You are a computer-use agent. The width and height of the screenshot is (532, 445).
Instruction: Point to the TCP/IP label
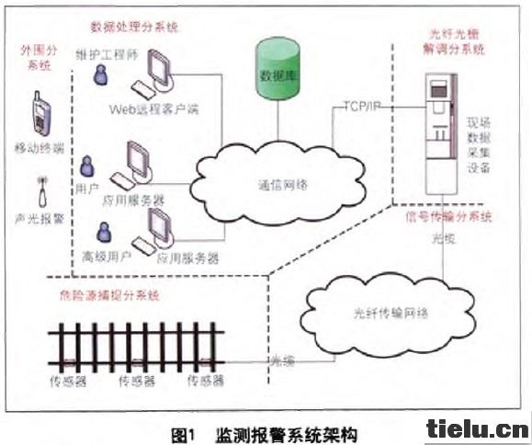pyautogui.click(x=363, y=107)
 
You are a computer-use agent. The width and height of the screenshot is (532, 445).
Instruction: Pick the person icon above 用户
pyautogui.click(x=87, y=166)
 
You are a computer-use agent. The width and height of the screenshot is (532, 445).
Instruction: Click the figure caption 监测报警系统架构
pyautogui.click(x=285, y=430)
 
